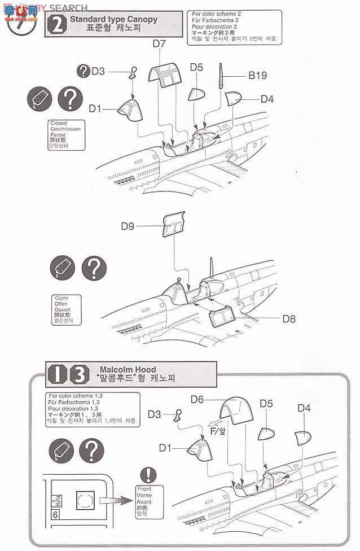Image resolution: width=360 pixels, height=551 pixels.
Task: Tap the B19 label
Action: (257, 75)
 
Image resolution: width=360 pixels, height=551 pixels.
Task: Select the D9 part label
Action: (127, 227)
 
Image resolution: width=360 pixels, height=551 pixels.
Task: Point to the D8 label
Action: (289, 318)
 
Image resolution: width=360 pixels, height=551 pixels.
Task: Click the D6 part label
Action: (196, 400)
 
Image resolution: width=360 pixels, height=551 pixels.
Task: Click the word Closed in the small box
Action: (59, 123)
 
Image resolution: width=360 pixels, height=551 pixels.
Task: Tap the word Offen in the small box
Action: (60, 304)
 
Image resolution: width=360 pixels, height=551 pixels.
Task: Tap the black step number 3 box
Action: (80, 374)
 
